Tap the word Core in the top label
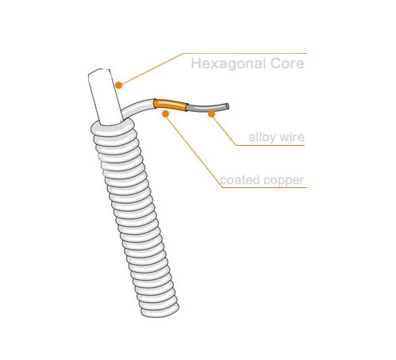coord(287,63)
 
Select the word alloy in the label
coord(260,137)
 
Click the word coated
coord(240,180)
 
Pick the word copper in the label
coord(284,181)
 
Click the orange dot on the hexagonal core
coord(119,85)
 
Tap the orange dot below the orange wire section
coord(165,113)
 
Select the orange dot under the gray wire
coord(211,113)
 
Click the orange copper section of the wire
coord(171,105)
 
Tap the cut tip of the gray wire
coord(228,106)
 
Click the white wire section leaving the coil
coord(138,108)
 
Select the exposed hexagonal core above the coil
coord(105,97)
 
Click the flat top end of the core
coord(99,71)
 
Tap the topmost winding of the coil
coord(113,129)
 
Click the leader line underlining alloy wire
coord(270,145)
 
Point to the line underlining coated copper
coord(264,187)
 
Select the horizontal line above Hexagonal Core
coord(244,53)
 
